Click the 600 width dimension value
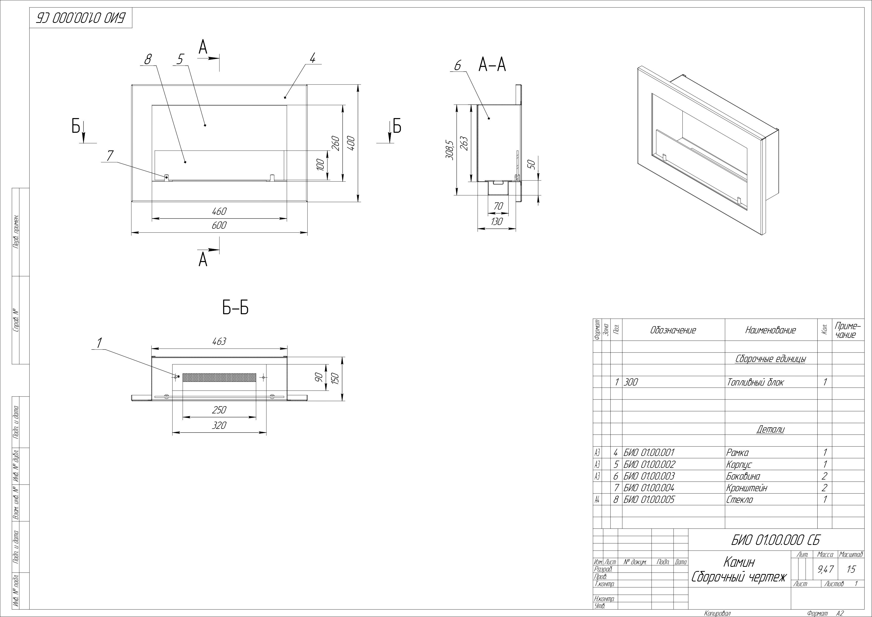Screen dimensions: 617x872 (219, 225)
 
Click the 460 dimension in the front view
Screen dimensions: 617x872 (219, 211)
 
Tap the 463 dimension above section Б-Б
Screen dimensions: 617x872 (219, 342)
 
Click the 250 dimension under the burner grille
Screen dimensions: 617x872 (219, 410)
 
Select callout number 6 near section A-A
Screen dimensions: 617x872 (458, 66)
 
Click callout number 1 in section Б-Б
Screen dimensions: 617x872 (99, 343)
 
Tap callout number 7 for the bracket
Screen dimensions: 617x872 (110, 156)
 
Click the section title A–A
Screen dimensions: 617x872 (492, 65)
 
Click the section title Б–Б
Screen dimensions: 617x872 (236, 308)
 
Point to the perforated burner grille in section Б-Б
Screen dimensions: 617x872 (219, 377)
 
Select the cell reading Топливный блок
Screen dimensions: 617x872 (755, 382)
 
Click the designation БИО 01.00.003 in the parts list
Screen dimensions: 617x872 (649, 476)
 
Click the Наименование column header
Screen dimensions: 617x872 (770, 330)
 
